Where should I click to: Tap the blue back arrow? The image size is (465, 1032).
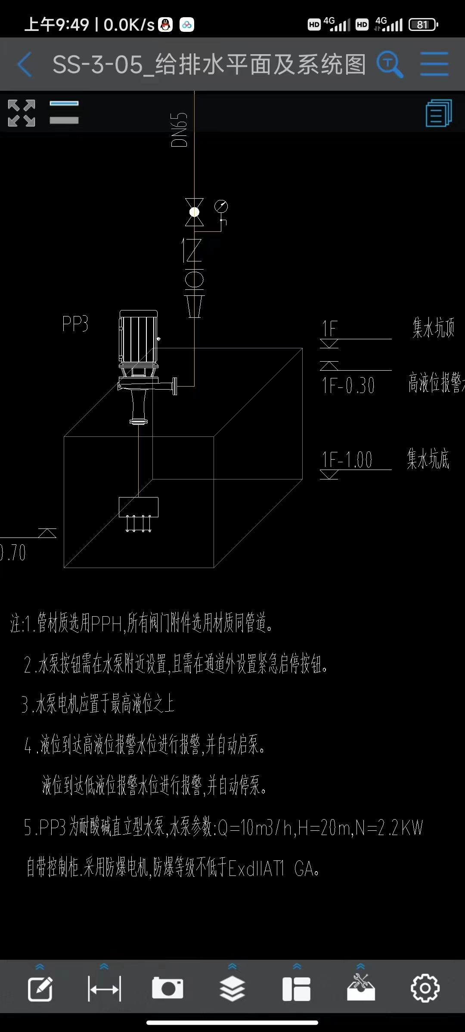point(25,64)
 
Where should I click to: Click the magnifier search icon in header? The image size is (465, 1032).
point(390,64)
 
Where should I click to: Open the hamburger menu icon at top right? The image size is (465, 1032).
point(434,64)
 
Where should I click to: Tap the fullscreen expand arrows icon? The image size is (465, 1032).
point(22,113)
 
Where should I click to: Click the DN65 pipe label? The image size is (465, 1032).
point(180,130)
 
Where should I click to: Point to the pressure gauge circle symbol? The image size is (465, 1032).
point(221,206)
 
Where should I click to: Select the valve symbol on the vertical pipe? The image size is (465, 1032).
point(194,212)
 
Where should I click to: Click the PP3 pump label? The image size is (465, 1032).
point(75,324)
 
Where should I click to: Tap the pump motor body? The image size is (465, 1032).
point(138,338)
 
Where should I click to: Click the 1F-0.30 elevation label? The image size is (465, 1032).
point(348,385)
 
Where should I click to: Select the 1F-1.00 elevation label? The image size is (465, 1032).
point(347,460)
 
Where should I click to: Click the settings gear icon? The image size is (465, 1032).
point(425,988)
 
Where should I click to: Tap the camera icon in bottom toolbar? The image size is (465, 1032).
point(167,988)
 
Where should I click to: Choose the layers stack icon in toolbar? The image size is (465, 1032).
point(232,988)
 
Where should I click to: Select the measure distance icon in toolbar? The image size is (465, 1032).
point(104,988)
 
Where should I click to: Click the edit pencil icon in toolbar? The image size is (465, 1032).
point(40,988)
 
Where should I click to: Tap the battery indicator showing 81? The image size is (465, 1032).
point(423,25)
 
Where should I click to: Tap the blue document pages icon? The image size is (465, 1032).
point(438,113)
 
